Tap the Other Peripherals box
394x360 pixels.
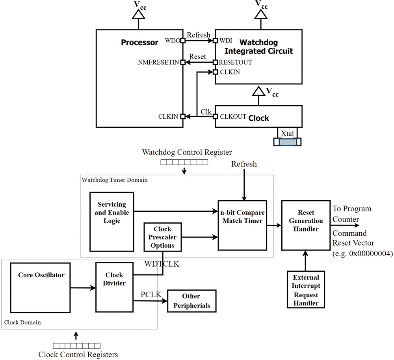coord(191,301)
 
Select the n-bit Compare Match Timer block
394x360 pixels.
coord(242,225)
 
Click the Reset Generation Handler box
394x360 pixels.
coord(306,225)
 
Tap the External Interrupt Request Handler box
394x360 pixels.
coord(306,289)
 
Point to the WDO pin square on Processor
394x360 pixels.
coord(183,41)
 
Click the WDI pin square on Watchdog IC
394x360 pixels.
coord(215,41)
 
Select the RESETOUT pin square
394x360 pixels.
coord(215,62)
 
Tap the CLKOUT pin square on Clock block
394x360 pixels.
coord(215,116)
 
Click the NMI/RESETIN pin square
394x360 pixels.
coord(183,62)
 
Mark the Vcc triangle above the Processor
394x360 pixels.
coord(138,15)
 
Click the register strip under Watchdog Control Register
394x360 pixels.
coord(184,162)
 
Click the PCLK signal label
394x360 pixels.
coord(150,295)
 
